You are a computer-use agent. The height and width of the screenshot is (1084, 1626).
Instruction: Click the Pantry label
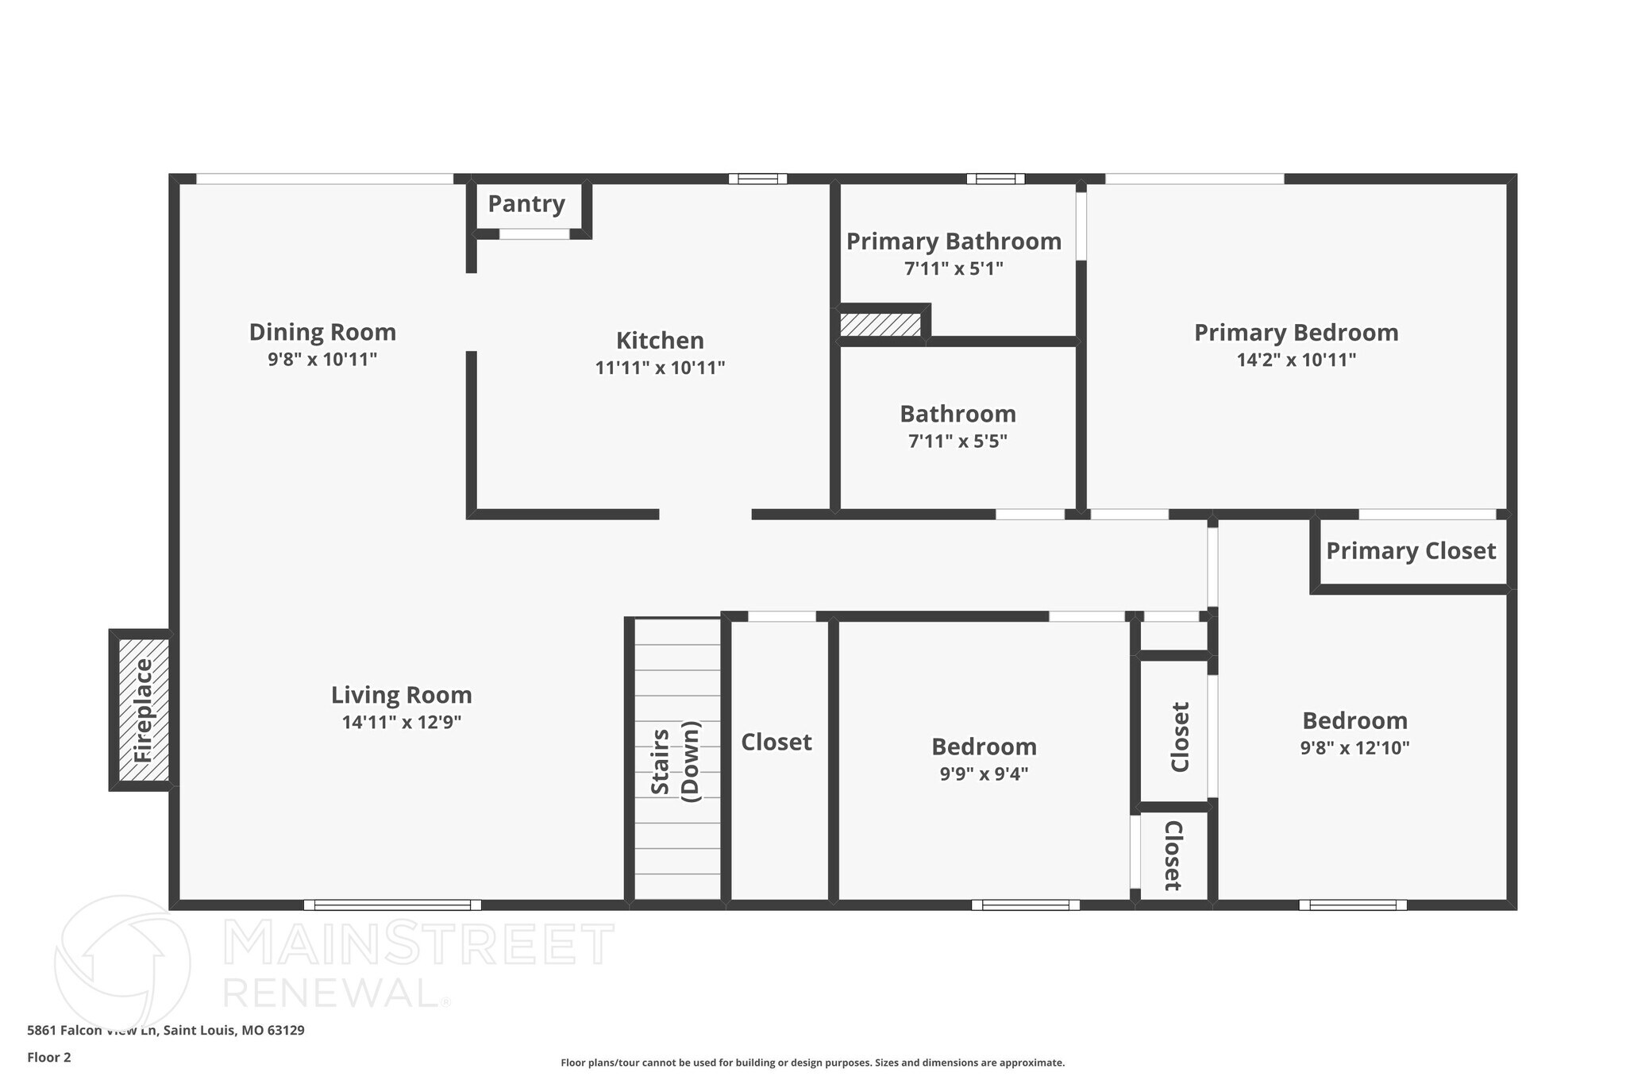coord(526,204)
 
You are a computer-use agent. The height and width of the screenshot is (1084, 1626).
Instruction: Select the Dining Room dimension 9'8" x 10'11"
coord(322,360)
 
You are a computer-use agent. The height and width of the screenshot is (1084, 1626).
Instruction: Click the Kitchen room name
coord(660,341)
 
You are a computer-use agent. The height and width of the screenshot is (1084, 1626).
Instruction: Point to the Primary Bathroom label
coord(954,241)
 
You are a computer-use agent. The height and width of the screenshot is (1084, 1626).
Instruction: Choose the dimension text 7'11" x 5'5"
coord(957,442)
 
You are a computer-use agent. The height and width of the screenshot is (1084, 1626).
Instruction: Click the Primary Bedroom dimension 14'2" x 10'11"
coord(1296,360)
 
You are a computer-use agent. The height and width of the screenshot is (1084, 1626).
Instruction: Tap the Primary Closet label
coord(1410,551)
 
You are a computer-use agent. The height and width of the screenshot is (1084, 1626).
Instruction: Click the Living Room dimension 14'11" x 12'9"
coord(402,723)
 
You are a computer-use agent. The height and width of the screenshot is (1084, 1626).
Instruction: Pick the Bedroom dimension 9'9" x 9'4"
coord(984,774)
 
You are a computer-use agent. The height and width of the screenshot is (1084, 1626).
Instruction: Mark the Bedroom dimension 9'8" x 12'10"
coord(1354,748)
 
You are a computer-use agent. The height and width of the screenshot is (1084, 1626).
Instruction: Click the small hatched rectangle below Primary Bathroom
coord(880,325)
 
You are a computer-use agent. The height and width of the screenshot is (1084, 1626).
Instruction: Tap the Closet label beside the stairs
coord(776,743)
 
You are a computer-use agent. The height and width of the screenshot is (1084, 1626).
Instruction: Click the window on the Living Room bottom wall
coord(392,905)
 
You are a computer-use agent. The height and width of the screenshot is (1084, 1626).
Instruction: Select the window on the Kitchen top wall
coord(757,179)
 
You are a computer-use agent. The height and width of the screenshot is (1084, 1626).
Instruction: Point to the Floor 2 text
coord(49,1057)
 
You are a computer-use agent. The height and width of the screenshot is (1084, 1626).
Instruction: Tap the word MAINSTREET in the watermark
coord(418,944)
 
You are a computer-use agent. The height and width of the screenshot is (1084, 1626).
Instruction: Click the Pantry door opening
coord(534,233)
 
